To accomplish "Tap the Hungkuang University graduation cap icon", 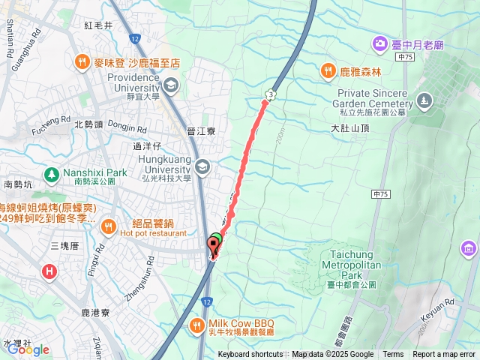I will tap(201, 165).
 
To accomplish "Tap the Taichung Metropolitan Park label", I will tap(351, 259).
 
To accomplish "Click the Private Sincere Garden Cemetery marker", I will tap(425, 100).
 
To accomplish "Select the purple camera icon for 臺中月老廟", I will tap(379, 43).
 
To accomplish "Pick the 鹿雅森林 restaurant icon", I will tap(328, 71).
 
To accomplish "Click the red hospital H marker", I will tap(49, 271).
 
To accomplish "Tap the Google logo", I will tap(28, 349).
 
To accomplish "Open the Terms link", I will tap(393, 355).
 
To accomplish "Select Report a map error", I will tap(445, 355).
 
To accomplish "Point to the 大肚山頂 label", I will tap(350, 128).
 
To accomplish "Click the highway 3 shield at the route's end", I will tap(268, 93).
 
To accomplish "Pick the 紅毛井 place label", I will tap(98, 25).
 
